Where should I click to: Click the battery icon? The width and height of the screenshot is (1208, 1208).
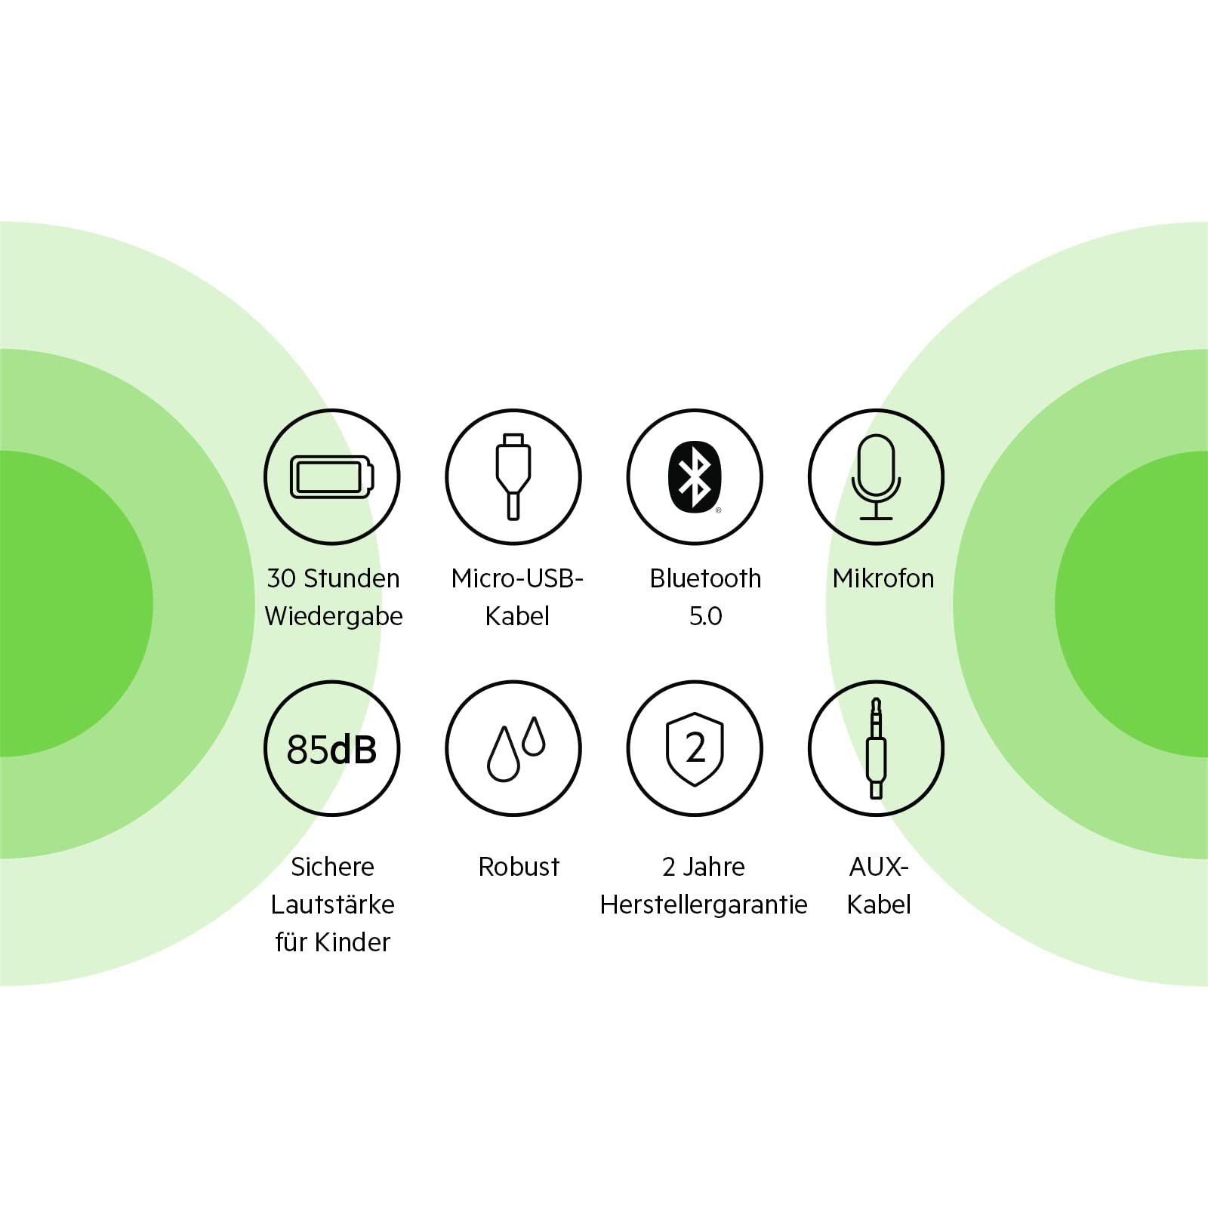coord(332,477)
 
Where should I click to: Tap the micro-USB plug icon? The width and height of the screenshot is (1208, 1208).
coord(513,477)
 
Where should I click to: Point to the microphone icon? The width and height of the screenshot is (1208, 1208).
coord(876,477)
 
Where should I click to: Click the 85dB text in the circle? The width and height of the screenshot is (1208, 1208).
coord(331,749)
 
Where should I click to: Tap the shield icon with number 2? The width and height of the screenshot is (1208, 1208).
coord(695,748)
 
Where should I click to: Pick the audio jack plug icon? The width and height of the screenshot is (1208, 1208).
coord(876,747)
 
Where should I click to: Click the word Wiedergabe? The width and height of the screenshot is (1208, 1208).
coord(334,617)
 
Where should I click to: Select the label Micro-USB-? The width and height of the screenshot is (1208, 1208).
coord(517,578)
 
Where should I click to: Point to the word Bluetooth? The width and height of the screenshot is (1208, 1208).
coord(705,578)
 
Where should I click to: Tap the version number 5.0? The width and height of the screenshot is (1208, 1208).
coord(705,616)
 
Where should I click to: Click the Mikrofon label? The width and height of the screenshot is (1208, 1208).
coord(883,578)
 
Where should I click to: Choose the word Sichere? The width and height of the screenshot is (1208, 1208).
coord(332,867)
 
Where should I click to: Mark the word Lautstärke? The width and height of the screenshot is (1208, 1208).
coord(333,904)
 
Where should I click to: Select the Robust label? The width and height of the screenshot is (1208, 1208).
coord(519,867)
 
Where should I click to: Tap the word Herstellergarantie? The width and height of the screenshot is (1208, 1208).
coord(704,904)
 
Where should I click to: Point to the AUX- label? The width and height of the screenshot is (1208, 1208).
coord(879,867)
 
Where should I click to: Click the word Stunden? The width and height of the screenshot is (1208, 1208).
coord(351,578)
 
